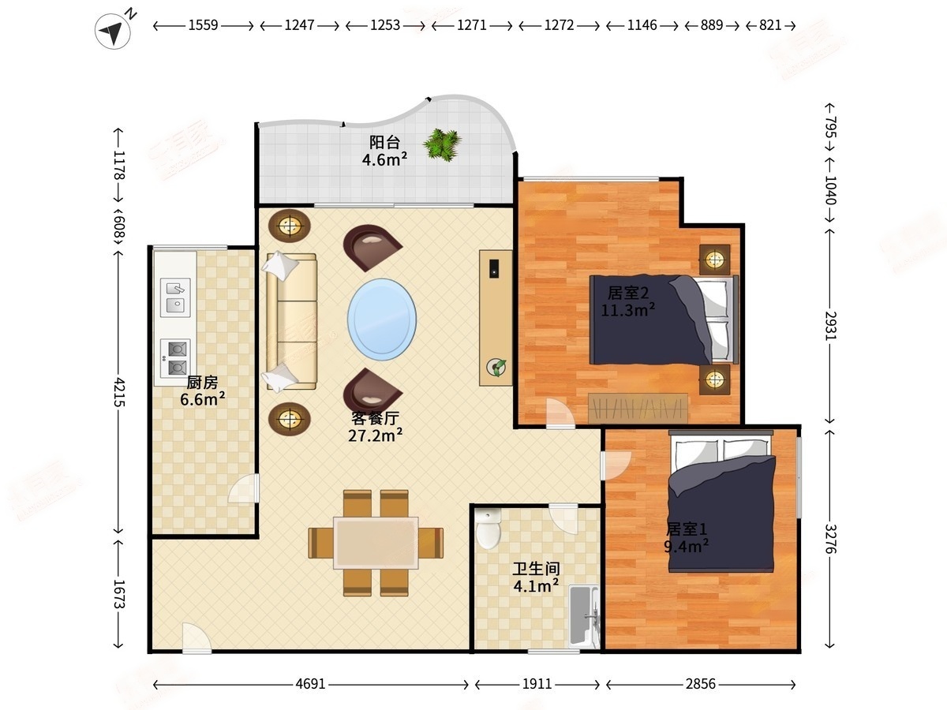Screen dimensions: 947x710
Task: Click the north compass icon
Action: [x=113, y=31]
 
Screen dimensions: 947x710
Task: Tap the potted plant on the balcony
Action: [x=442, y=145]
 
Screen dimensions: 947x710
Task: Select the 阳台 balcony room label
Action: [x=384, y=142]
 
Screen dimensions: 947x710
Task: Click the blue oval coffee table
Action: [x=382, y=319]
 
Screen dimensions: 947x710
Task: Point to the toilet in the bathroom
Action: [x=488, y=529]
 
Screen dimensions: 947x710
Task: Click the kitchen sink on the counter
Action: [x=175, y=297]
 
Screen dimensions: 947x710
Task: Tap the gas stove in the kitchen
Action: [x=175, y=358]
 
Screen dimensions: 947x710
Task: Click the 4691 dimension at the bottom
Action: [x=311, y=684]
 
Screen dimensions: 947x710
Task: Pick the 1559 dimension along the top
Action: [x=203, y=25]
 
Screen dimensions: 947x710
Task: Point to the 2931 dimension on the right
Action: [x=830, y=326]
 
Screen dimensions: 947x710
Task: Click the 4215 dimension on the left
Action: [x=118, y=392]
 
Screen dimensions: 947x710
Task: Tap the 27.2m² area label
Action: [x=376, y=435]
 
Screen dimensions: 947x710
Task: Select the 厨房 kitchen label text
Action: [x=202, y=382]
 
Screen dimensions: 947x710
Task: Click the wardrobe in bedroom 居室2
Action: [x=638, y=408]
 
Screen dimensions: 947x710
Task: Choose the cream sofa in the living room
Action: [x=292, y=322]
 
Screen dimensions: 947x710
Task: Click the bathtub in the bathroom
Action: [x=583, y=616]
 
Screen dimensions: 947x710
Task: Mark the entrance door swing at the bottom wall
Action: [x=197, y=638]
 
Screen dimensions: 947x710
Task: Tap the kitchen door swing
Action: [x=244, y=488]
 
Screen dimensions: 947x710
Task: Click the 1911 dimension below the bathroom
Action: [x=537, y=684]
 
